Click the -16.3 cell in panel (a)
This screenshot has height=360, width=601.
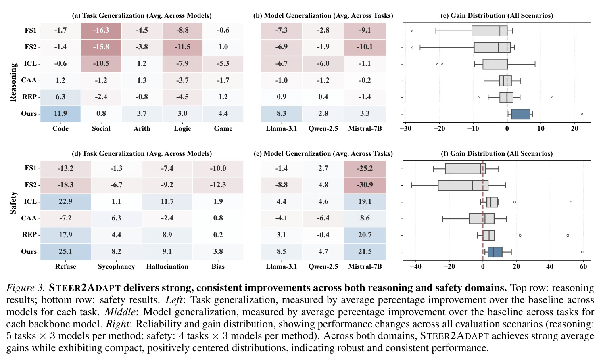(101, 31)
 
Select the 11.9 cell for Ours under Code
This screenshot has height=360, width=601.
(61, 114)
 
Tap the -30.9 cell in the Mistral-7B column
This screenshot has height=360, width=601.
(365, 185)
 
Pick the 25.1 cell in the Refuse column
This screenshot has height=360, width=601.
(65, 252)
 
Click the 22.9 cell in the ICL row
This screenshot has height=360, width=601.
(65, 202)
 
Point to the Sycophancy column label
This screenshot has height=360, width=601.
(116, 267)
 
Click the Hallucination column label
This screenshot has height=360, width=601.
(167, 267)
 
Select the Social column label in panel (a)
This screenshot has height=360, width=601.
(101, 129)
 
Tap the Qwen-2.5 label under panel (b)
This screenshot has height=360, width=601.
(323, 129)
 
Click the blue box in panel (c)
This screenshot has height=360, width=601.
(520, 114)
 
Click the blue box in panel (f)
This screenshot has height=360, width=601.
(495, 252)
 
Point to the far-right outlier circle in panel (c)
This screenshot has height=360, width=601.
(582, 114)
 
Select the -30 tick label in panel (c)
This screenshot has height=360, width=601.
(405, 129)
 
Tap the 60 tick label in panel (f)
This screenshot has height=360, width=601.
(583, 267)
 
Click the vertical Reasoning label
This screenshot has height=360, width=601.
(13, 82)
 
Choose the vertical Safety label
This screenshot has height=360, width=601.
(13, 203)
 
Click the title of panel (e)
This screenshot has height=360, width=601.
(323, 153)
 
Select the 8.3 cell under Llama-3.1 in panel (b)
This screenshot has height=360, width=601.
(282, 114)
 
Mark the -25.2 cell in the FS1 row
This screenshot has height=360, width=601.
(365, 169)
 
